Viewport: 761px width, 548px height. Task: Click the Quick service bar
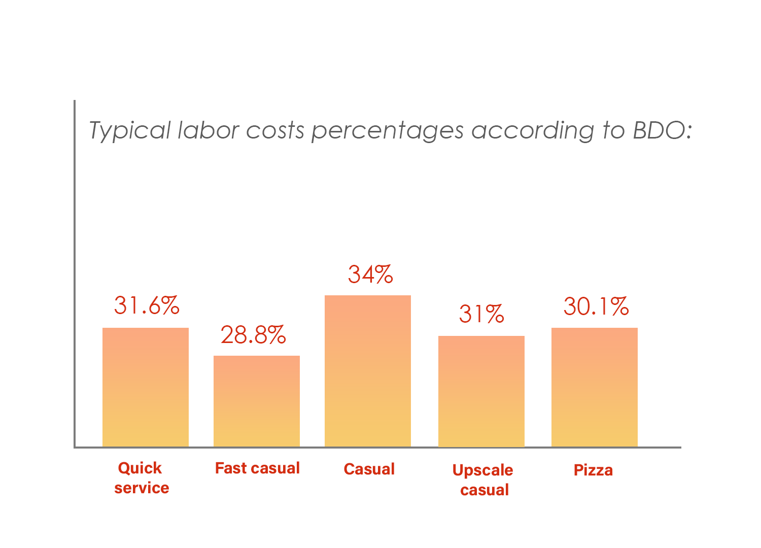point(146,387)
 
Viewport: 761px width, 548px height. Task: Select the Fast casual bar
point(257,401)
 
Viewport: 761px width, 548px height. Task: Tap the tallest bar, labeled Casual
point(368,371)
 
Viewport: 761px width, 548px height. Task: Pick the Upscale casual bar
point(481,391)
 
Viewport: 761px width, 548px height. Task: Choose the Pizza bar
point(595,387)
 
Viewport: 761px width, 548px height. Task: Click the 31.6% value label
point(147,305)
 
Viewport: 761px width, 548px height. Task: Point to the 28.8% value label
point(253,335)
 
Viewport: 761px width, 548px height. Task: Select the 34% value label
point(370,275)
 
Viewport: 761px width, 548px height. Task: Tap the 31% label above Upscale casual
point(481,314)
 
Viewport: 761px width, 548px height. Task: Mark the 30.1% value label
point(596,306)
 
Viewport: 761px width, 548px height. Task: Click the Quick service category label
point(141,477)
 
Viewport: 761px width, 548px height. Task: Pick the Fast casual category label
point(257,468)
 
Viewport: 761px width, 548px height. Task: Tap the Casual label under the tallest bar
point(369,469)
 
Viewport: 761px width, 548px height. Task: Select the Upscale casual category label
point(483,479)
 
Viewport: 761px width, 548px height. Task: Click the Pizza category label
point(593,470)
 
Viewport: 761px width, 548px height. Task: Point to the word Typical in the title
point(130,130)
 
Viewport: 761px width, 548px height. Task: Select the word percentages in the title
point(388,131)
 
